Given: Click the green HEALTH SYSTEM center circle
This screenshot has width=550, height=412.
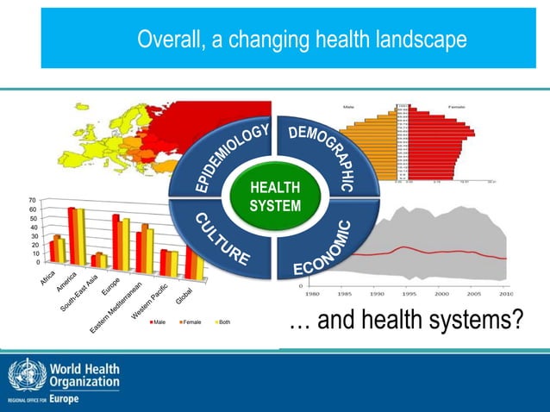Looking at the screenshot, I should [x=275, y=197].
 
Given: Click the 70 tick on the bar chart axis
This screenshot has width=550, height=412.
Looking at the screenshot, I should [x=32, y=200].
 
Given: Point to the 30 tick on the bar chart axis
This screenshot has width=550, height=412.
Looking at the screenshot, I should [x=32, y=235].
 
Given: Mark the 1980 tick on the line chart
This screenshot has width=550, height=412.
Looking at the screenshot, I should [x=315, y=293].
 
